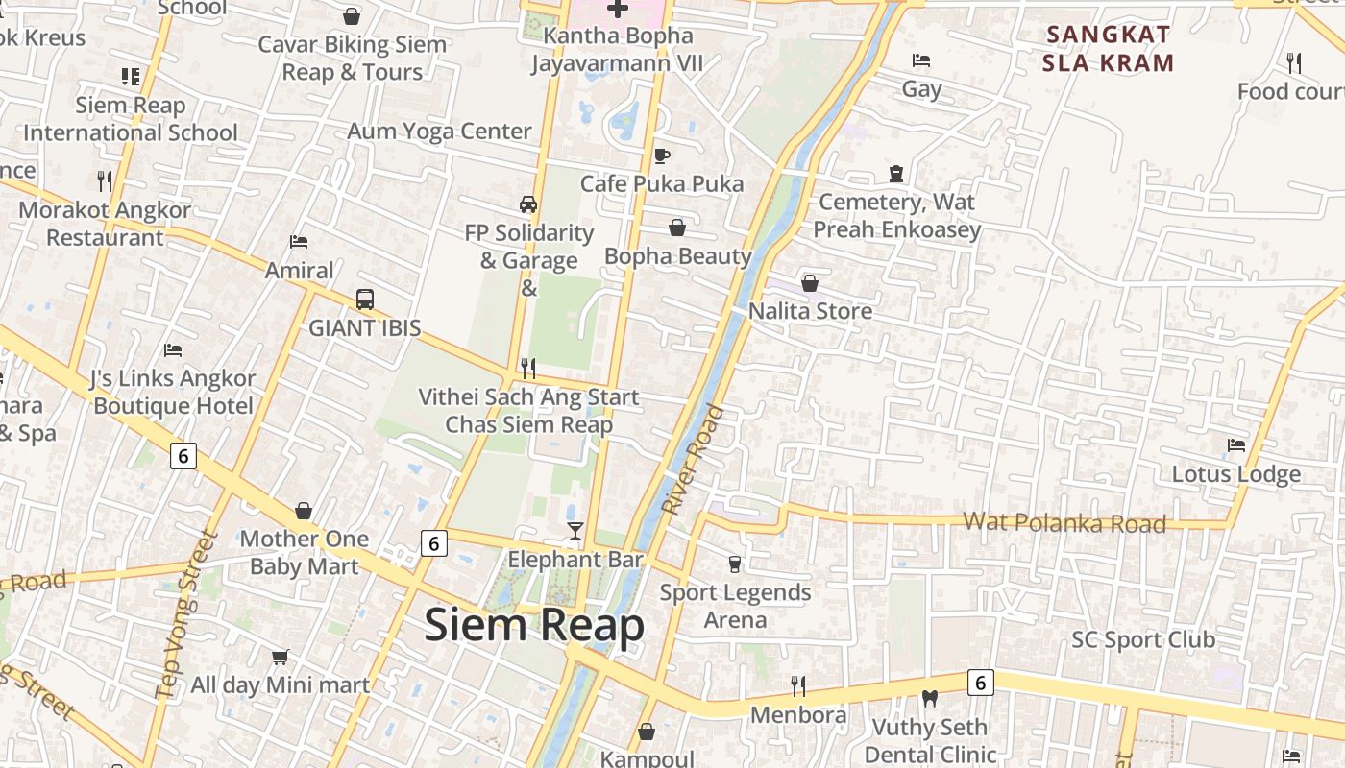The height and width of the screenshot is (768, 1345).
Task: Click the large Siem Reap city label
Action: tap(534, 626)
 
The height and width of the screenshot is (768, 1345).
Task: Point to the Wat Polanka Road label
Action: tap(1064, 522)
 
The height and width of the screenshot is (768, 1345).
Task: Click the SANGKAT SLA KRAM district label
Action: tap(1110, 49)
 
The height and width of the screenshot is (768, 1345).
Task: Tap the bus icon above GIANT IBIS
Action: tap(364, 300)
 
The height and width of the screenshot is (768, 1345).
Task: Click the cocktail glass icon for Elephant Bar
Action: tap(575, 531)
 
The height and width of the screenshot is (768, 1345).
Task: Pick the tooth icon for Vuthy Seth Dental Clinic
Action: tap(929, 699)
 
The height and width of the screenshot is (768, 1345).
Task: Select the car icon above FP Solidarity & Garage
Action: tap(528, 204)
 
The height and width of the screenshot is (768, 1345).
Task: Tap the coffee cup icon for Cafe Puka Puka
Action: tap(661, 156)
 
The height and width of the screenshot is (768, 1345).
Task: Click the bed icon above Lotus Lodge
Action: tap(1236, 445)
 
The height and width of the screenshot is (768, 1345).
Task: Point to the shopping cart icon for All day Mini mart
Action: tap(280, 657)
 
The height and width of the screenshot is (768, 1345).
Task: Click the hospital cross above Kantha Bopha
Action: tap(618, 9)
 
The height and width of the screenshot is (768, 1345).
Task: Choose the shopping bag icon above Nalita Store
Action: tap(810, 283)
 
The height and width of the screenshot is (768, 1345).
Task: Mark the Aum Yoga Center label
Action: tap(439, 132)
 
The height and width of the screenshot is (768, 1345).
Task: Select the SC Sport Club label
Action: tap(1143, 639)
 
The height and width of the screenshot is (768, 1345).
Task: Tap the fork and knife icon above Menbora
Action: tap(798, 685)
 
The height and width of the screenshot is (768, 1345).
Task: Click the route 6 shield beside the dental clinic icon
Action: tap(980, 683)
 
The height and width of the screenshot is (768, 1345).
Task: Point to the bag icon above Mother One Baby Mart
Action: tap(304, 511)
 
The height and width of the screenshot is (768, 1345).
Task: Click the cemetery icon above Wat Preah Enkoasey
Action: tap(896, 174)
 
